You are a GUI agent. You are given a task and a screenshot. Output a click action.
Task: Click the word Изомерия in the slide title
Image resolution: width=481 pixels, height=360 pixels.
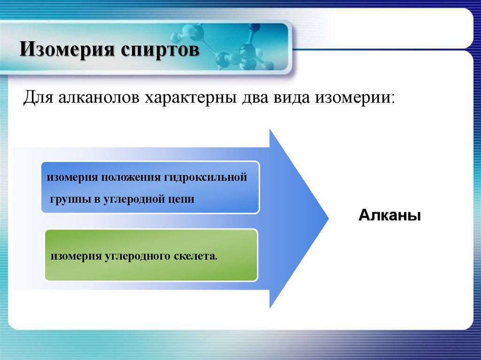67,49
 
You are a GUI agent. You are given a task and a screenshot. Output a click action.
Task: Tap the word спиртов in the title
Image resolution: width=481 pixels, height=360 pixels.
160,50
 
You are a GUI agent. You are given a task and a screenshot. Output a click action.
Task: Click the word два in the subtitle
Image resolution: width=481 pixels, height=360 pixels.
255,98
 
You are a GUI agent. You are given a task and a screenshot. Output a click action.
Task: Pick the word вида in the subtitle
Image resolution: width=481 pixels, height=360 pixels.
291,98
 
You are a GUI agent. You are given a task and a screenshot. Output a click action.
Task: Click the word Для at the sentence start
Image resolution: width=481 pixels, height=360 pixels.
38,98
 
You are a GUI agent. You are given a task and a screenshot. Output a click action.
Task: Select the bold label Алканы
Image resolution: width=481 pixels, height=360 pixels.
389,215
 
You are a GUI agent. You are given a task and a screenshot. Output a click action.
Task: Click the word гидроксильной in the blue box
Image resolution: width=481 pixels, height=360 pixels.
206,178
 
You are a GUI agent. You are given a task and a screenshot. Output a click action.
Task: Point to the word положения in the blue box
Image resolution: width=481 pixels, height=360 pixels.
131,178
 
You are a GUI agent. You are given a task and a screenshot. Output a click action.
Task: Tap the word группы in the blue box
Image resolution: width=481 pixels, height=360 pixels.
70,199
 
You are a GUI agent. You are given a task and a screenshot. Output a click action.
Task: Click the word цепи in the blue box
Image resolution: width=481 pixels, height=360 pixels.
182,200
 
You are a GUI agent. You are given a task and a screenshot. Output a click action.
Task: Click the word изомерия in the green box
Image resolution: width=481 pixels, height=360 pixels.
76,256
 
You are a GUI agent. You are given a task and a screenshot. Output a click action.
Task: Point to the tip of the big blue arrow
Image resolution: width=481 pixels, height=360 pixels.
328,218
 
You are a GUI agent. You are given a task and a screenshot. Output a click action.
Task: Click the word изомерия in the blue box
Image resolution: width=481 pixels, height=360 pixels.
72,178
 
